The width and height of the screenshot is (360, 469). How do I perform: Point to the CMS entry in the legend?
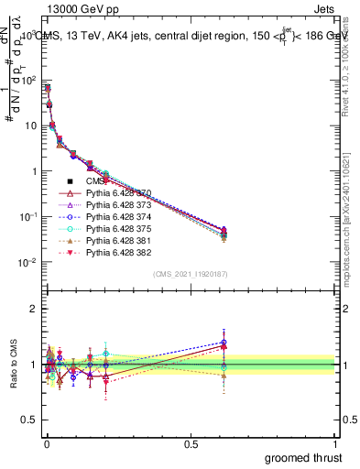(96, 181)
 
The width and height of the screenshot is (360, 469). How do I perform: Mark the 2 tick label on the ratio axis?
(34, 309)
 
